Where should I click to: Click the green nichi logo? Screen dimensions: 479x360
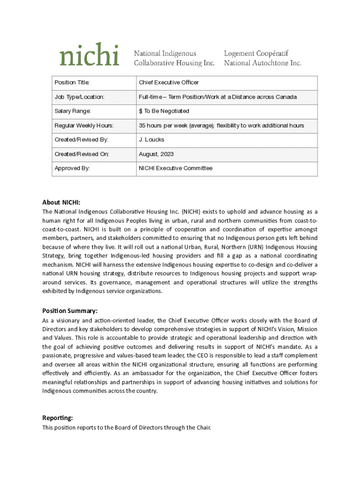89,55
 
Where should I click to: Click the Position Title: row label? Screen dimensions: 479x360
72,82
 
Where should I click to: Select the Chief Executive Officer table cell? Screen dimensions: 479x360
169,82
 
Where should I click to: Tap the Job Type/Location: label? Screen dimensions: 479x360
79,97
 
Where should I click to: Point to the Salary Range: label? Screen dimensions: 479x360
72,111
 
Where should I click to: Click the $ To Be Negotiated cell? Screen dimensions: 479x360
164,111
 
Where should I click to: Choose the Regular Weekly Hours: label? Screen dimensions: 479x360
84,125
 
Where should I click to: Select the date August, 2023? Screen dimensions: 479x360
155,153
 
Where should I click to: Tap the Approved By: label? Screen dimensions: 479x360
72,168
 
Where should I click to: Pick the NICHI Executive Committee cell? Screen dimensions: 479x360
175,168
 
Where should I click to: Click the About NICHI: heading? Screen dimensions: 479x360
61,202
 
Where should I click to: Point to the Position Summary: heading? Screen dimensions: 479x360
70,311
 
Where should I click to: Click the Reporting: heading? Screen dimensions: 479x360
58,418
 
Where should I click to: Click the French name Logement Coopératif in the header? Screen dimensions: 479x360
256,54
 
